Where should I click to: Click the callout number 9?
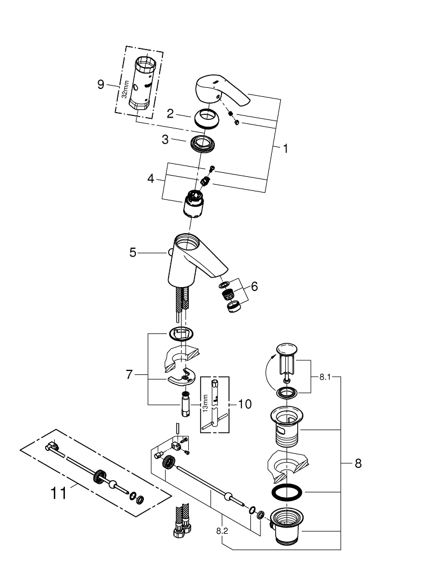pyautogui.click(x=101, y=84)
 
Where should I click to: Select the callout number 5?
pyautogui.click(x=133, y=253)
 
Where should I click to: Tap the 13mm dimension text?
pyautogui.click(x=205, y=403)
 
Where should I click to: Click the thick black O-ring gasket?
pyautogui.click(x=287, y=491)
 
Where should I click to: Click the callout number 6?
pyautogui.click(x=254, y=287)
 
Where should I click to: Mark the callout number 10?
pyautogui.click(x=245, y=404)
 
